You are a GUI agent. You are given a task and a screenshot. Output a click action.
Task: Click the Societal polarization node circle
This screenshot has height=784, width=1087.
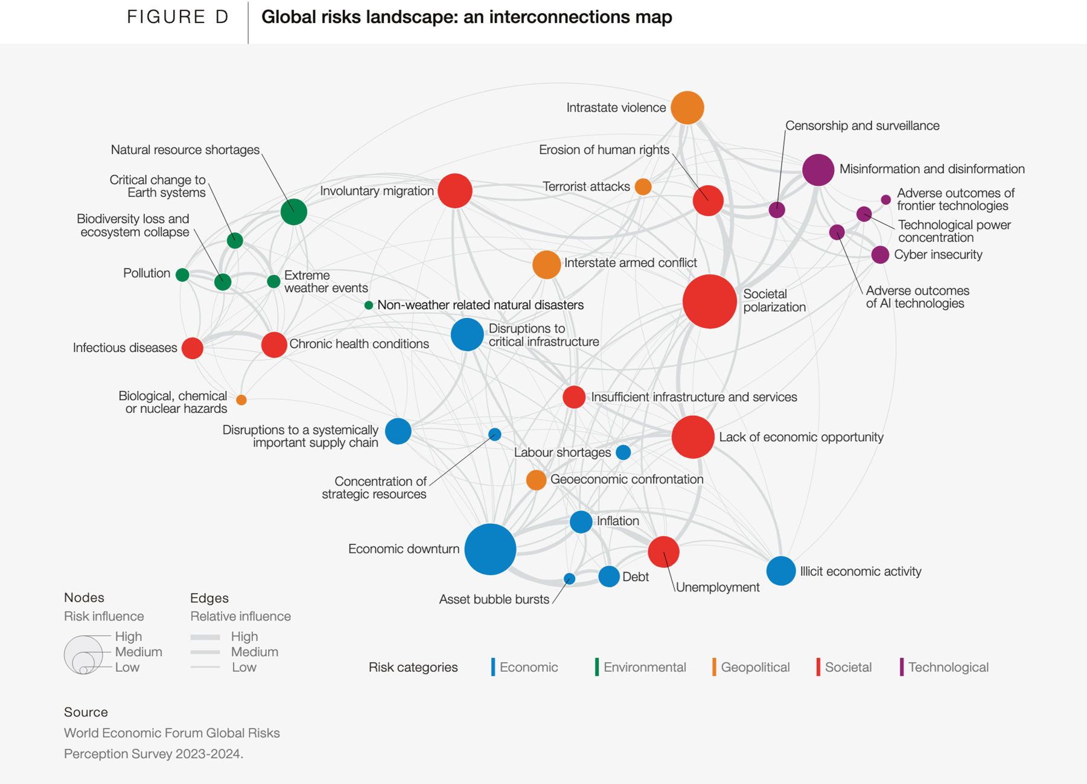(x=709, y=301)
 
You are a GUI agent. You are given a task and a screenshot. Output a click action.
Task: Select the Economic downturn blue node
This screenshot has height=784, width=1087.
(x=490, y=549)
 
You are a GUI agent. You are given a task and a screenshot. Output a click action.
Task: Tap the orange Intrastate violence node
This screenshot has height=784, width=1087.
(x=687, y=107)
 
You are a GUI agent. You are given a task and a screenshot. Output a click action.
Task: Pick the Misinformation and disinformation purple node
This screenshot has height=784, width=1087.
(x=818, y=170)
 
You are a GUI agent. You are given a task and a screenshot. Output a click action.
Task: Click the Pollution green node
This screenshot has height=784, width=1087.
(x=182, y=275)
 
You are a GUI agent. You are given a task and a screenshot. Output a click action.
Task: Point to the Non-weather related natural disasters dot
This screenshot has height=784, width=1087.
(x=369, y=305)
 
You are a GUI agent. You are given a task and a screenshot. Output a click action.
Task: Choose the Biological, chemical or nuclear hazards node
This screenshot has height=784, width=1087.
(x=241, y=400)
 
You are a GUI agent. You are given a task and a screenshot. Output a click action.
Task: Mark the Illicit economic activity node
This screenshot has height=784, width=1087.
(x=780, y=571)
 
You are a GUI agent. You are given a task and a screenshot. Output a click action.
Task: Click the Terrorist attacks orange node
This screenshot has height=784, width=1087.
(x=643, y=186)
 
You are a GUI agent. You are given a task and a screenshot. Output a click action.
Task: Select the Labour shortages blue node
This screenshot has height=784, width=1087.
(x=623, y=452)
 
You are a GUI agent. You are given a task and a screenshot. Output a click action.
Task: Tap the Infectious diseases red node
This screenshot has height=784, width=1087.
(x=193, y=348)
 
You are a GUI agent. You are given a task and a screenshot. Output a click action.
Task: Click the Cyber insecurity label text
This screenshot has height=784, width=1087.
(x=938, y=255)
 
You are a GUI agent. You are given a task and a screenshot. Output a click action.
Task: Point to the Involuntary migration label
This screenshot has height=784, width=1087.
(x=377, y=191)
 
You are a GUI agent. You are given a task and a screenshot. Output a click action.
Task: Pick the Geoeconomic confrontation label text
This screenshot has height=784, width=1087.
(x=626, y=479)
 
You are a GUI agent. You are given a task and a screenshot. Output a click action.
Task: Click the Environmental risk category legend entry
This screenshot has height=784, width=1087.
(x=644, y=667)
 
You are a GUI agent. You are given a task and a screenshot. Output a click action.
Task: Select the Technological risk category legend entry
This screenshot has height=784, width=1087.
(x=948, y=667)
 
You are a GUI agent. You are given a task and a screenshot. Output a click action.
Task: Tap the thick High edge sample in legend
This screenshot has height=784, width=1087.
(x=205, y=637)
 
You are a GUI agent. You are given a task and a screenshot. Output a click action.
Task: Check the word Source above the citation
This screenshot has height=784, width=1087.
(x=86, y=712)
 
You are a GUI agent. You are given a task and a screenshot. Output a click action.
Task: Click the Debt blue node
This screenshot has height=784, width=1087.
(x=608, y=576)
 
